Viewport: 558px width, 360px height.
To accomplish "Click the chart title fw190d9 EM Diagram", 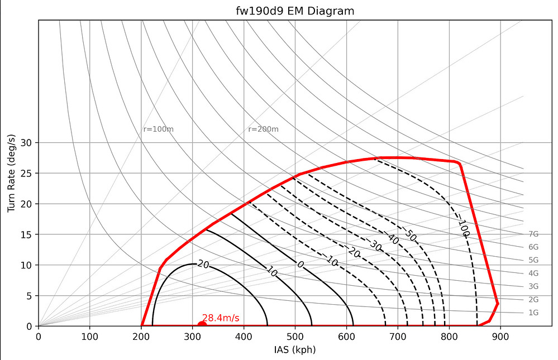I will pos(295,11).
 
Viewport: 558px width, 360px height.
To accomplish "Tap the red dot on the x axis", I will pos(202,325).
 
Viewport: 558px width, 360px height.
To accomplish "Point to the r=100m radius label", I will pos(159,129).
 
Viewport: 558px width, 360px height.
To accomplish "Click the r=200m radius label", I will pos(263,129).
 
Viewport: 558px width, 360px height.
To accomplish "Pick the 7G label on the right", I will pos(533,234).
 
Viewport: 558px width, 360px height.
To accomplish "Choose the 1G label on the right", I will pos(533,313).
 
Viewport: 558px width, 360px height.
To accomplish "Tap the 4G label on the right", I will pos(533,273).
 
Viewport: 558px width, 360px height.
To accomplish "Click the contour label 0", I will pos(299,265).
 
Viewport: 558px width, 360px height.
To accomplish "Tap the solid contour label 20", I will pos(203,265).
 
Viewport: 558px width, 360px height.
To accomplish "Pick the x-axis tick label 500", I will pos(295,337).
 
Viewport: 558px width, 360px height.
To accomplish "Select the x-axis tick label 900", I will pos(500,337).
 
